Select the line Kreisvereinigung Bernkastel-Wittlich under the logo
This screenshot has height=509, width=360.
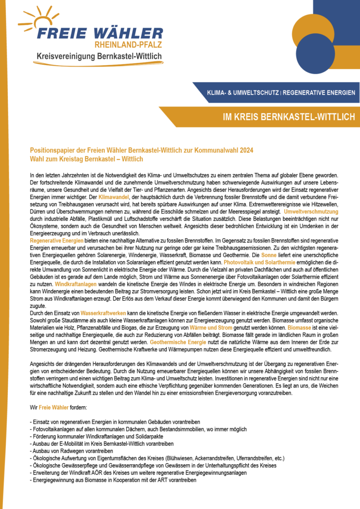pos(99,57)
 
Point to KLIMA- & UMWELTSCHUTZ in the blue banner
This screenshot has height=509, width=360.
pos(237,92)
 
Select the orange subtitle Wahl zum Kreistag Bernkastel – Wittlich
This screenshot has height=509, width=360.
pos(87,159)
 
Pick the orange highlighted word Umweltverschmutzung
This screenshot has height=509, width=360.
pos(311,211)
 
